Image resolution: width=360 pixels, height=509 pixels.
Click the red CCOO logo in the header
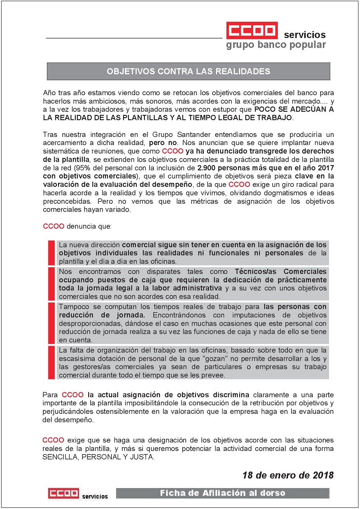[x=252, y=31]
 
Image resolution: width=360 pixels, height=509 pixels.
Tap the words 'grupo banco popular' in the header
[x=276, y=45]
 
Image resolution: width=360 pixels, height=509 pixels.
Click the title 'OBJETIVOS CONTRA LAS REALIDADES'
[x=189, y=72]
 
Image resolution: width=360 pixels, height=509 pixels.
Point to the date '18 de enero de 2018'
[x=288, y=475]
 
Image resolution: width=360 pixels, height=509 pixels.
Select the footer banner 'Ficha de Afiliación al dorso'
[x=223, y=493]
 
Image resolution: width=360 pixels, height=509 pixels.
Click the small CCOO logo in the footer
[x=63, y=494]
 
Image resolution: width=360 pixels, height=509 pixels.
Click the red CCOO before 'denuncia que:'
[x=53, y=226]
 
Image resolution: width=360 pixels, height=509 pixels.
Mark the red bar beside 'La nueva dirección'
[x=51, y=253]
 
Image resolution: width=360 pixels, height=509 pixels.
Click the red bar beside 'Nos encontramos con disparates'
[x=51, y=284]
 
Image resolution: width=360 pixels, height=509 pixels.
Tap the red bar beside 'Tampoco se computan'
[x=51, y=323]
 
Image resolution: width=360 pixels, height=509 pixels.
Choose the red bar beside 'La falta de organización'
[x=51, y=362]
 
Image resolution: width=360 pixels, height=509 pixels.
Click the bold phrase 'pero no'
[x=163, y=143]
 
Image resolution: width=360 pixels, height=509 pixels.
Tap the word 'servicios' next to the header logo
[x=305, y=35]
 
